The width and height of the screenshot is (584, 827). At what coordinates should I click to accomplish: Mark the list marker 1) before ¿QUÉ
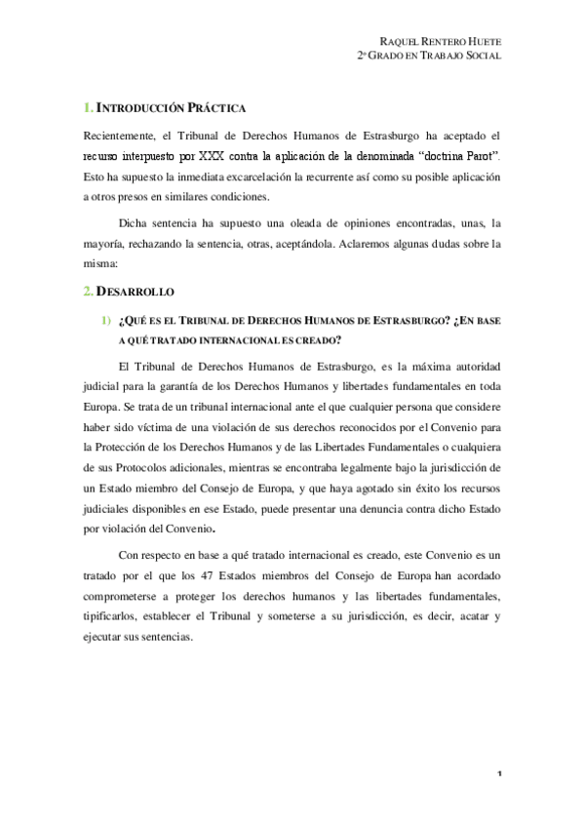(103, 319)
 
